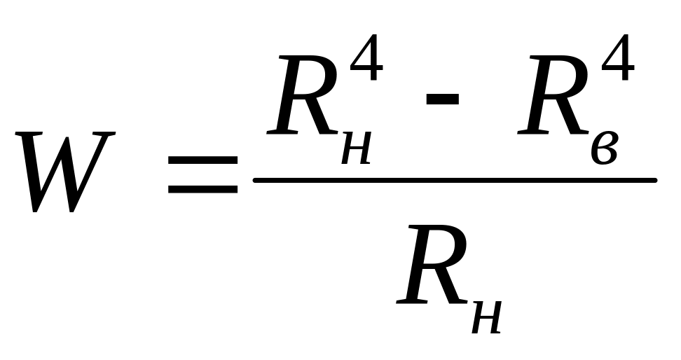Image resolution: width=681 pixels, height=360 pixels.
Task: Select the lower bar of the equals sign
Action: [202, 189]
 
